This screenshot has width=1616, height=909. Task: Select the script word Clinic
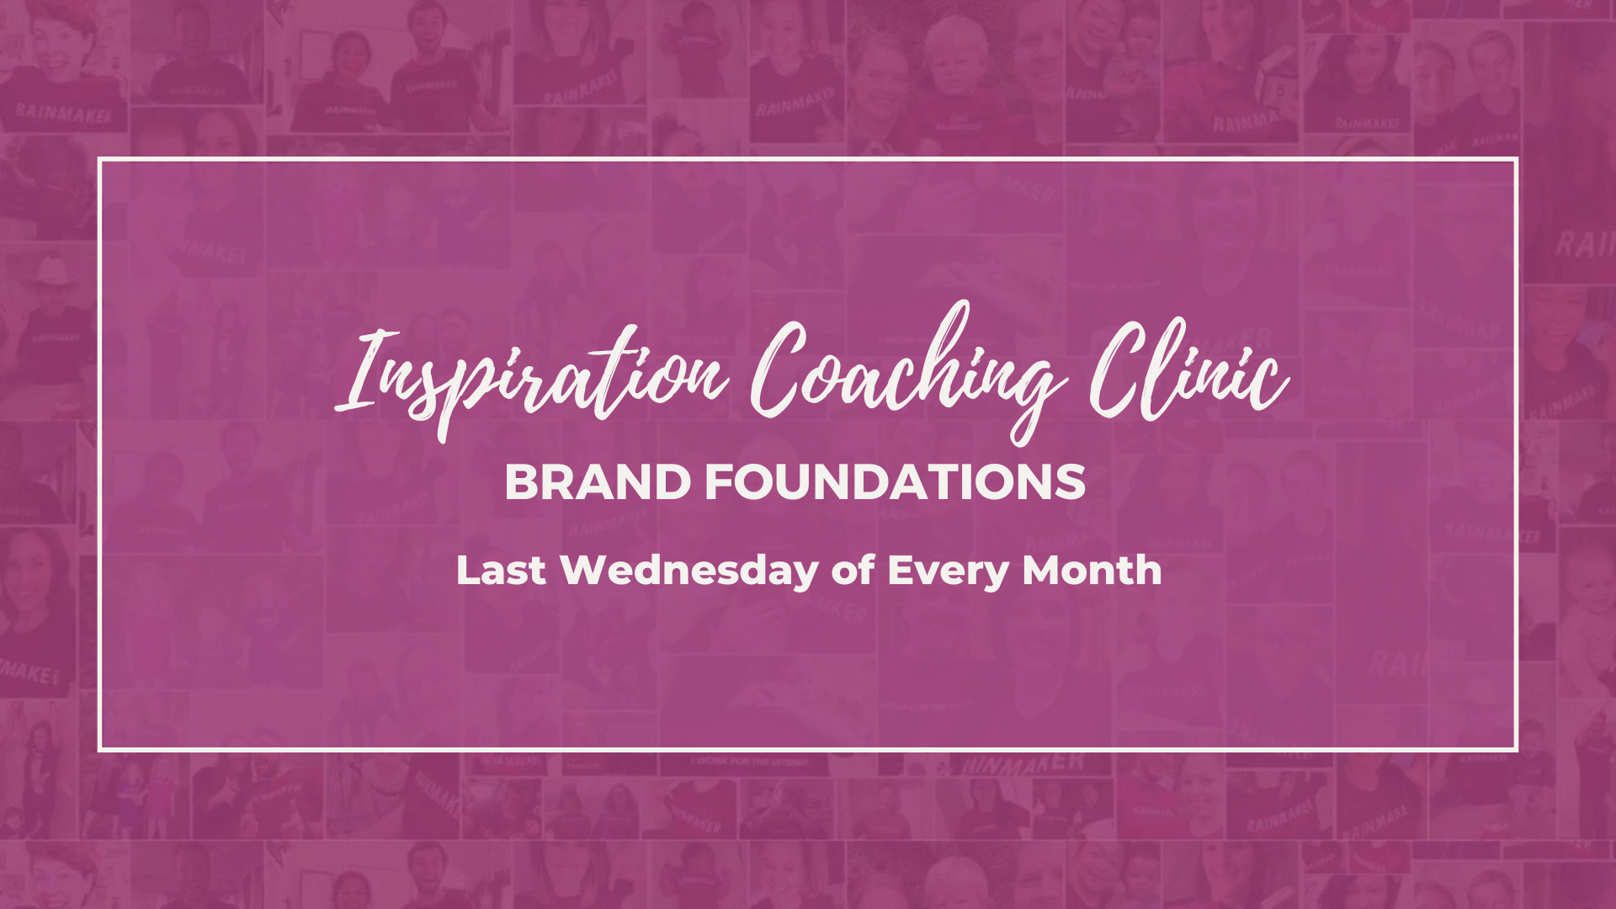pos(1188,370)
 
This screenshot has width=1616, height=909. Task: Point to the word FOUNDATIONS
pos(895,483)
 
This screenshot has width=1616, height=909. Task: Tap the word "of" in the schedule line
pos(853,570)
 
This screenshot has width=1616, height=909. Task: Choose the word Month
pos(1092,570)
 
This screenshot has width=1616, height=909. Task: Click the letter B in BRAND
pos(522,483)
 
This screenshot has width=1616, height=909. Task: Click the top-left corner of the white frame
pos(99,158)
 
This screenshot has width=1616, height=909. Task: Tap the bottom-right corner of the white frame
pos(1517,750)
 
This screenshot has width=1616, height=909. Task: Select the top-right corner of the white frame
pos(1517,158)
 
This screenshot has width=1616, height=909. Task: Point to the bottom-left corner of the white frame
pos(99,750)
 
